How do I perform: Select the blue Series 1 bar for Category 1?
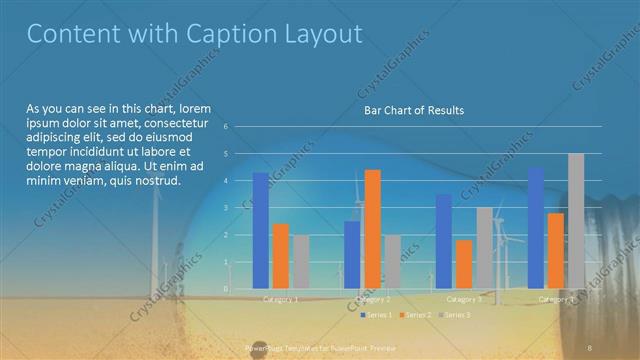260,230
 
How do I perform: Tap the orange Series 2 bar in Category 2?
372,229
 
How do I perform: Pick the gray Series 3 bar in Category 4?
576,221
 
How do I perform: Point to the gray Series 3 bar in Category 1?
301,261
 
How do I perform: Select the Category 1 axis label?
280,299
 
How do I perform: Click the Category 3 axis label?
463,299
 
